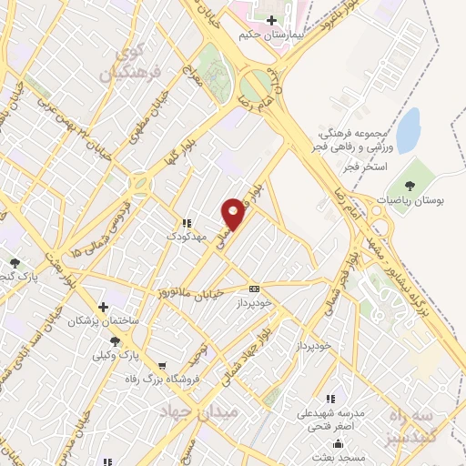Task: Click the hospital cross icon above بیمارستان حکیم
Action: (272, 20)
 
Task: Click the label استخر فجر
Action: (368, 168)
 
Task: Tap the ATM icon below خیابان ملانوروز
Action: (254, 289)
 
